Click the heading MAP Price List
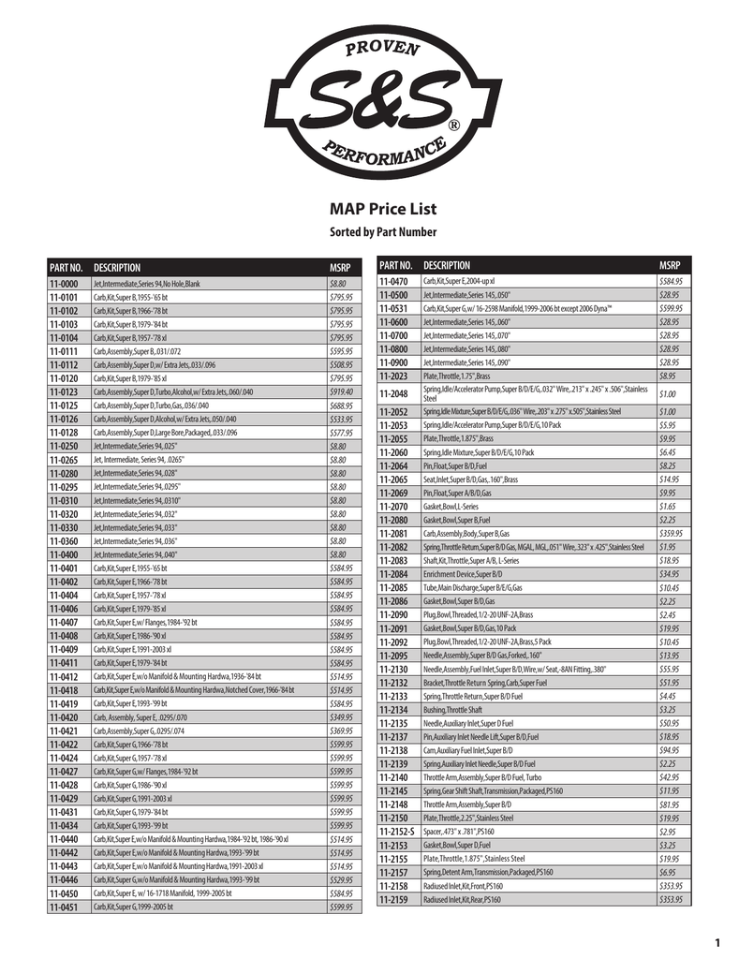369,209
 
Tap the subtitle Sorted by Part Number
369,232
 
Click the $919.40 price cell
340,391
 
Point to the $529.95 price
340,879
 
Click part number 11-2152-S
396,831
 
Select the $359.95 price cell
670,533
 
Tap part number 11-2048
393,393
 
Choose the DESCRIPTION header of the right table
447,266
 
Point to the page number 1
716,942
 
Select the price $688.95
340,406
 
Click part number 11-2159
393,899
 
